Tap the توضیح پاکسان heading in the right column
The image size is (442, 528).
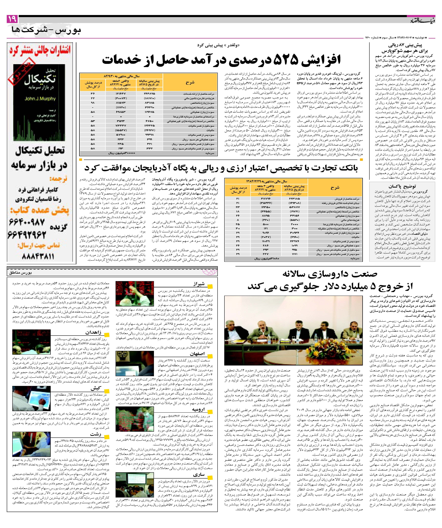(402, 186)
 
